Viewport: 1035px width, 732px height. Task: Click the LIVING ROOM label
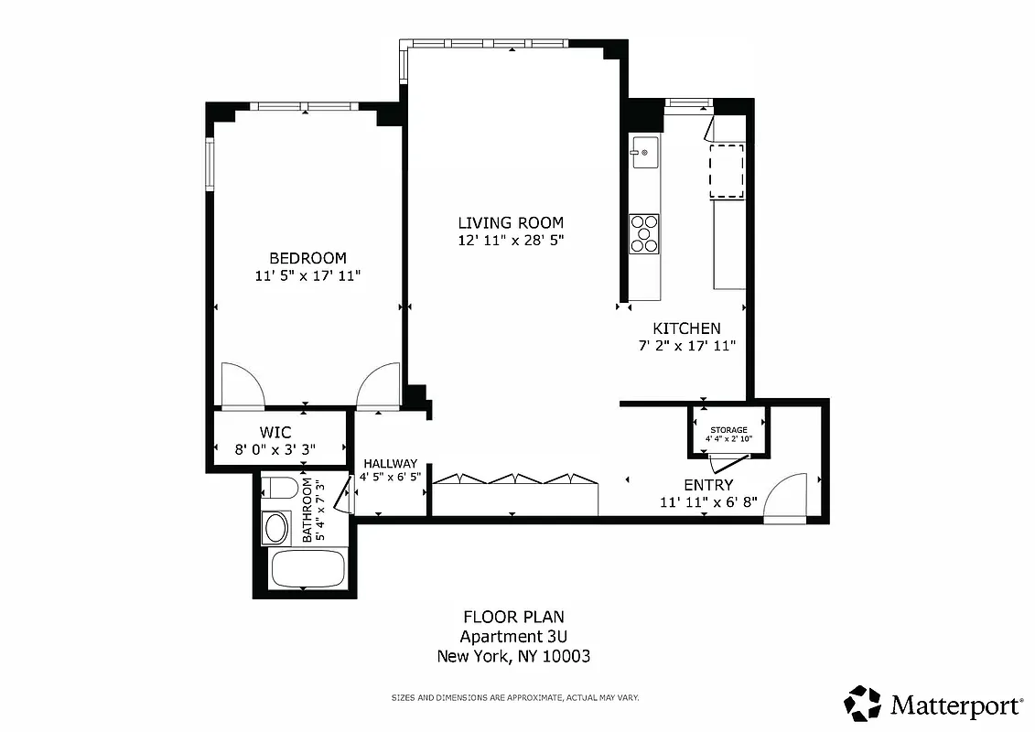tap(511, 222)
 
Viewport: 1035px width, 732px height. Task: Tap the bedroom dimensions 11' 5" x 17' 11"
tap(307, 275)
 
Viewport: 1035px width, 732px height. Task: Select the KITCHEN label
tap(685, 328)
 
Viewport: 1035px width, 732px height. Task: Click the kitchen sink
tap(644, 152)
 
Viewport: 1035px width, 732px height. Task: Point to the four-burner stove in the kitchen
tap(644, 232)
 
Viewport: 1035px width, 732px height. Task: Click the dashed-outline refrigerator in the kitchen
tap(728, 170)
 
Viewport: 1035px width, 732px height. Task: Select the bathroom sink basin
tap(275, 527)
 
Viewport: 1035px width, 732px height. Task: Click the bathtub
tap(307, 568)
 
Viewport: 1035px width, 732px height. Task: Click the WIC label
tap(275, 431)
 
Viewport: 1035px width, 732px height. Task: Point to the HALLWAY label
tap(390, 464)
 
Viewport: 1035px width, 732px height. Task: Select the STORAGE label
tap(728, 429)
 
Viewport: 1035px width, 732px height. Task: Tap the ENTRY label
tap(707, 485)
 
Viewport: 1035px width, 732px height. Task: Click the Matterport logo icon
tap(862, 704)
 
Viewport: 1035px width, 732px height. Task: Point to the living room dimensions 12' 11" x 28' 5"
tap(511, 241)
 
